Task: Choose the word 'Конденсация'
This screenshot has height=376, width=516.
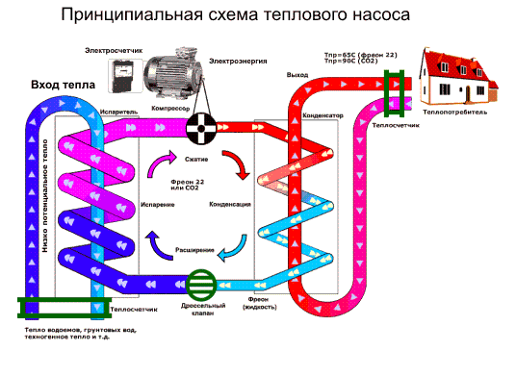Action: point(230,205)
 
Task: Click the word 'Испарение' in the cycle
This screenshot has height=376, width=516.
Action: point(157,205)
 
